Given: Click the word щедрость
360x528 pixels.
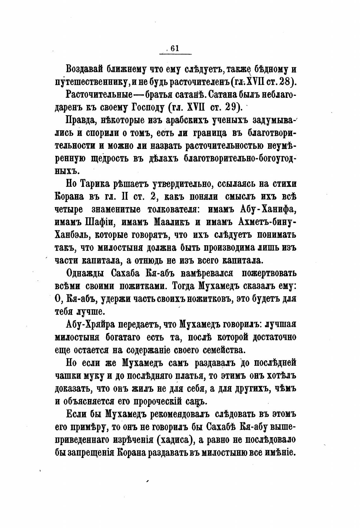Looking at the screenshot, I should (x=115, y=159).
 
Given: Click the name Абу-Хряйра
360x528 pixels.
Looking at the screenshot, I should (x=89, y=325).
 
